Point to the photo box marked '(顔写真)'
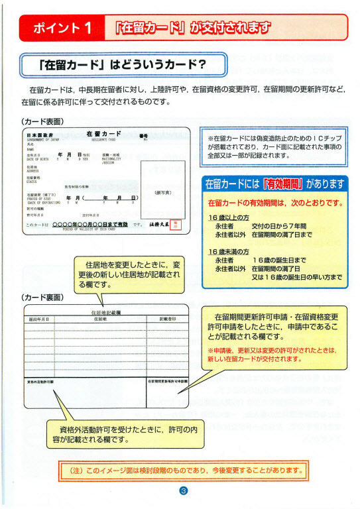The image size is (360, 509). coord(162,192)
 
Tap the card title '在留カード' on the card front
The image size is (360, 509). coord(104,134)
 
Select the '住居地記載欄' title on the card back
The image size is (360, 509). coord(106,311)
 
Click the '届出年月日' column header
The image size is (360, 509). coord(40,319)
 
